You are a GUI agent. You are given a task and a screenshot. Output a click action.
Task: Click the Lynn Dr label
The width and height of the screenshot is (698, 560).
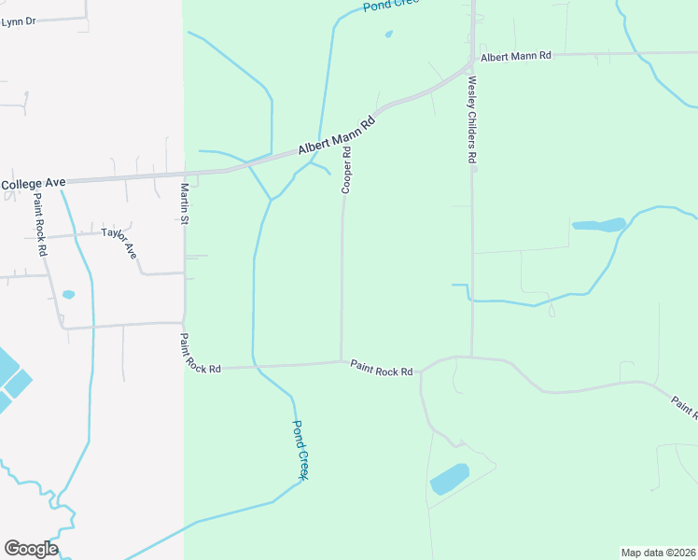coord(18,21)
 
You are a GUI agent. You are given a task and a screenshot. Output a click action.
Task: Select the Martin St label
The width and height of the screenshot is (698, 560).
coord(185,203)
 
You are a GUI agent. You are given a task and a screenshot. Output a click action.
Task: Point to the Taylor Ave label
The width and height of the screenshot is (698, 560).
coord(119,243)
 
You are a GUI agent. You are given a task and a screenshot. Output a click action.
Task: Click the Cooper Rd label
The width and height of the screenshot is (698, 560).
coord(346,170)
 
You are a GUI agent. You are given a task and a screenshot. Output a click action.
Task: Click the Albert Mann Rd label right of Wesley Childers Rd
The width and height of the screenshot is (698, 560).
coord(516,56)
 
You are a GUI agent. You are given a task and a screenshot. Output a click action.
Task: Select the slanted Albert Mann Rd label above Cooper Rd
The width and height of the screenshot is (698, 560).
coord(337,136)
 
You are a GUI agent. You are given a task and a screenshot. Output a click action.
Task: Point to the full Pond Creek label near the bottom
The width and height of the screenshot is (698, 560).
coord(300,450)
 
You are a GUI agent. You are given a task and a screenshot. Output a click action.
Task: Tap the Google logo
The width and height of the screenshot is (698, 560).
coord(31,549)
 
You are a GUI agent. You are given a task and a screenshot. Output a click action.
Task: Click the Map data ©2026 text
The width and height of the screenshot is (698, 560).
coord(658,553)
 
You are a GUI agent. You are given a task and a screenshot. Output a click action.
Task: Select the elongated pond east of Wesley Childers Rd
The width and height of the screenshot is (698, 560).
coord(598,225)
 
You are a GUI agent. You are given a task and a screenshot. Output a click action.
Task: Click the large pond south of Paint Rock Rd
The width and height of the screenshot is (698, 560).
coord(449,479)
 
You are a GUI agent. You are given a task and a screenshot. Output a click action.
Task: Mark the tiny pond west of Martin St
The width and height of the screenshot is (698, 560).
coord(68,295)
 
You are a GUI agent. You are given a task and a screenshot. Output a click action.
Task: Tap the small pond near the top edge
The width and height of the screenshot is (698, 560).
coord(388,35)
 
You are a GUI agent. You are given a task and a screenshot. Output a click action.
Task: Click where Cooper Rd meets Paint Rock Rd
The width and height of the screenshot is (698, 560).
coord(342,361)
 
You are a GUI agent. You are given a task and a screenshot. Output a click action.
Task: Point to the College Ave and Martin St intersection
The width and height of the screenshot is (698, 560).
coord(185,174)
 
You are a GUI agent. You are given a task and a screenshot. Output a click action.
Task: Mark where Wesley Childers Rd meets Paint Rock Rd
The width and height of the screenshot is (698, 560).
coord(472,357)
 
